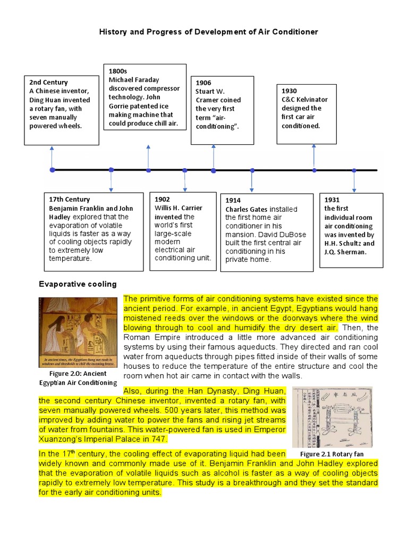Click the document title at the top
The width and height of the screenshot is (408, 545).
click(209, 32)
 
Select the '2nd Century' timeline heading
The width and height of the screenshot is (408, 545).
click(48, 82)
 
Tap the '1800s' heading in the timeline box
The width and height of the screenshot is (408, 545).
click(118, 71)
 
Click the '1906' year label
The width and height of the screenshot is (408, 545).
click(203, 82)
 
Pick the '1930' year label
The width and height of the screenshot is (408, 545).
click(289, 91)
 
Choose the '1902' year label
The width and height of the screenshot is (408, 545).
click(162, 200)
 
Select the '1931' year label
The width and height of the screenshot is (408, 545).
click(332, 200)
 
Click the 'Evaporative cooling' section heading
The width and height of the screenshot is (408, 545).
click(78, 284)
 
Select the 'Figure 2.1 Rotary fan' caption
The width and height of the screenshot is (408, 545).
click(331, 454)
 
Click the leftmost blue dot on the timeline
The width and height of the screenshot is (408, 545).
click(52, 170)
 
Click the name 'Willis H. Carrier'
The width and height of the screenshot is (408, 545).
click(178, 208)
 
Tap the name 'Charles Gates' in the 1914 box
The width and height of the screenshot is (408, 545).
click(246, 209)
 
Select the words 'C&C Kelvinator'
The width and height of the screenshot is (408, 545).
click(304, 100)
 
